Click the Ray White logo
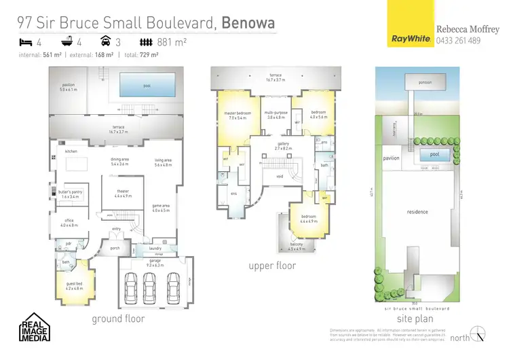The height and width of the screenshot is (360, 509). pyautogui.click(x=411, y=39)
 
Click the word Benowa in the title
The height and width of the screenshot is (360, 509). pyautogui.click(x=248, y=23)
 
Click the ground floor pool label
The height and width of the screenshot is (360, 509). pyautogui.click(x=147, y=86)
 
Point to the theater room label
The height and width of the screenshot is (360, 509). pyautogui.click(x=123, y=192)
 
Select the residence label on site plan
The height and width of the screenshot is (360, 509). pyautogui.click(x=417, y=212)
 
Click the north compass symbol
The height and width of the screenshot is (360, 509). pyautogui.click(x=480, y=336)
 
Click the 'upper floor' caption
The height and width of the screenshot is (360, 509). pyautogui.click(x=272, y=266)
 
